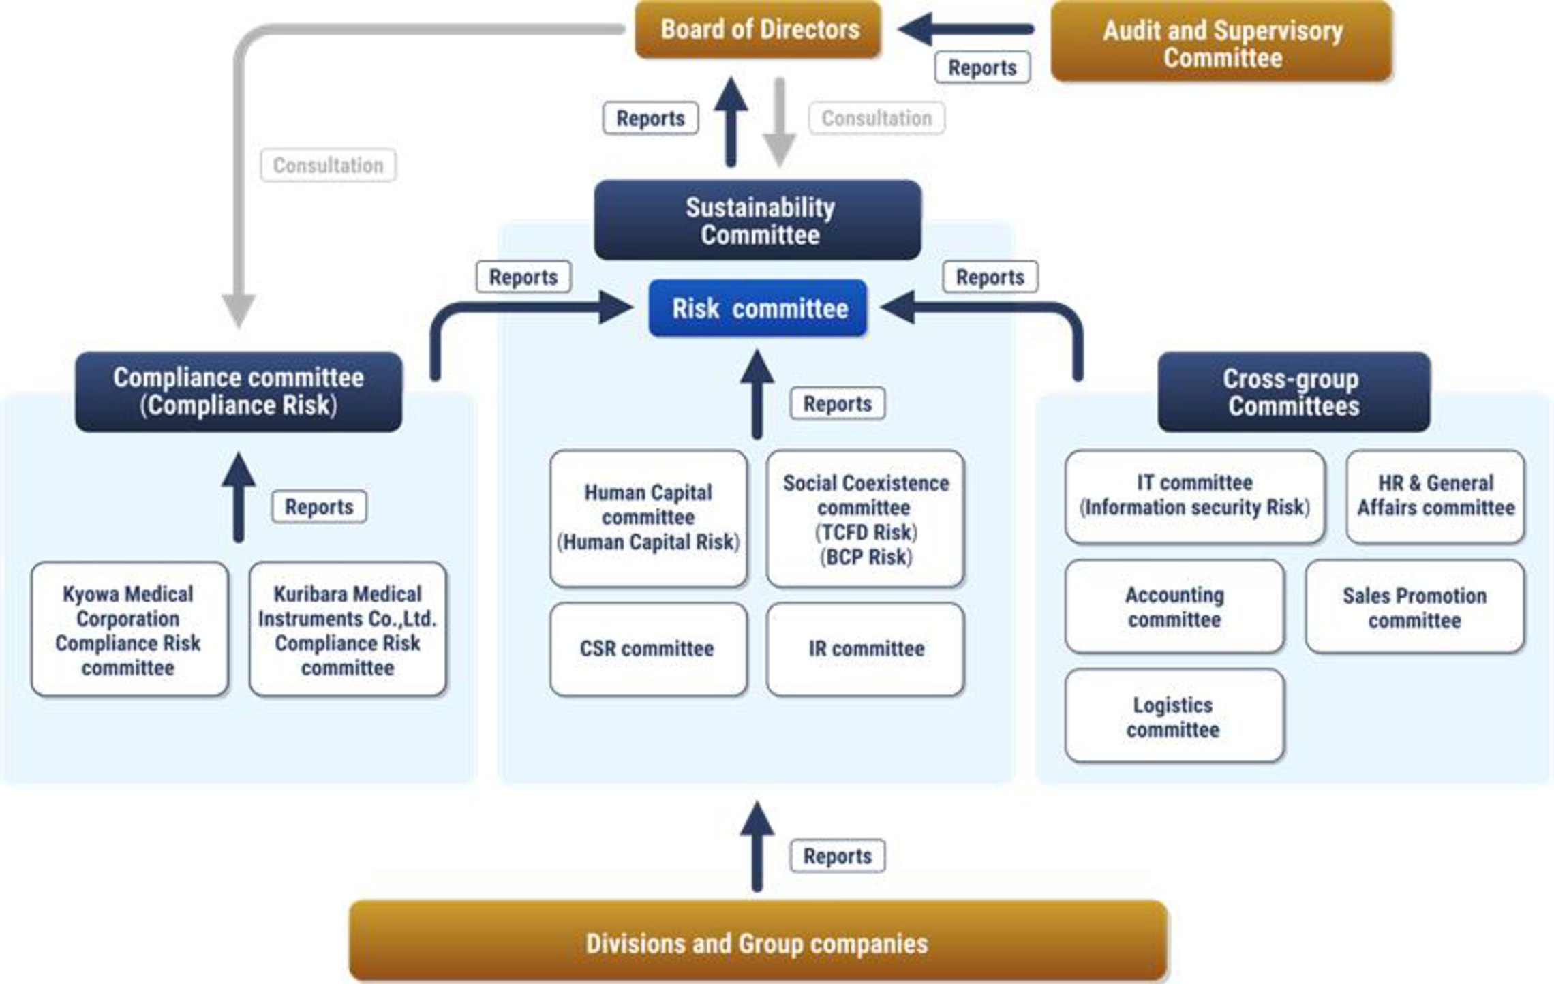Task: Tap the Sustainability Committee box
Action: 758,220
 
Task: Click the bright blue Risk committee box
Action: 758,309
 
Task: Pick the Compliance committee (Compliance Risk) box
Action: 239,392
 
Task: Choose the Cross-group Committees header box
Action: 1293,392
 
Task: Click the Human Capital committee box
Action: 648,518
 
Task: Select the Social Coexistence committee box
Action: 865,519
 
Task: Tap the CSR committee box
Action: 648,649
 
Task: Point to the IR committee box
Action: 865,649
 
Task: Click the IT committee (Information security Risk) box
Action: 1194,496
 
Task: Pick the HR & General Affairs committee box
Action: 1435,496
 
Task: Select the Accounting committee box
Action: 1174,606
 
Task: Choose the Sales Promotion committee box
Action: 1414,606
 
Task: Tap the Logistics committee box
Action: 1174,716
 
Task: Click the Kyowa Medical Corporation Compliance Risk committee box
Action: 129,630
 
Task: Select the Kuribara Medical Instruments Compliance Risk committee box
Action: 348,630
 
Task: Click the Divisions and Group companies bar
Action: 758,942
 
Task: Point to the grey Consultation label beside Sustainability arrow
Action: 877,118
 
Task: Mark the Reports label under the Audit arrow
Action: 981,67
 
